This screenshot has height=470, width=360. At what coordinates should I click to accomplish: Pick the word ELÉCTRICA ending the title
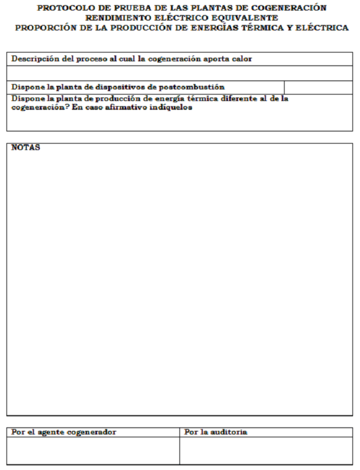pos(324,27)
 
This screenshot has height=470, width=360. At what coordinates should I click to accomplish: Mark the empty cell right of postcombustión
pos(319,87)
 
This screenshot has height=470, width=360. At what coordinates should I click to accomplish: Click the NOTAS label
pos(26,148)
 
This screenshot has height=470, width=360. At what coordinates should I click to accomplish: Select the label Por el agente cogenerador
pos(64,432)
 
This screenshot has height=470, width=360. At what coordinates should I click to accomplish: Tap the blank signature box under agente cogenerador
pos(94,451)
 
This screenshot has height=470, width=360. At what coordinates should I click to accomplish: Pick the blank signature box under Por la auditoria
pos(266,451)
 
